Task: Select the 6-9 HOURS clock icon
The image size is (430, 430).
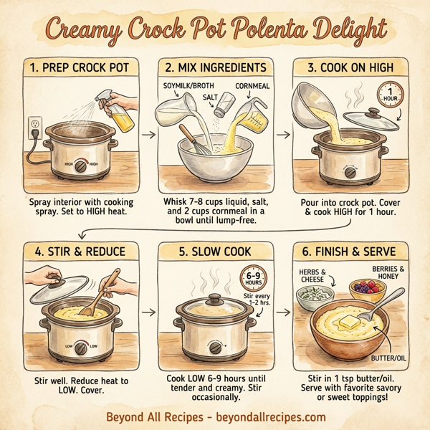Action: (252, 279)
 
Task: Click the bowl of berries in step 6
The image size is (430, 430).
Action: (366, 289)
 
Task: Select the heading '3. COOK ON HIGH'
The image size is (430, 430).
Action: (351, 67)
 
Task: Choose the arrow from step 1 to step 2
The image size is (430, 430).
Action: (149, 134)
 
